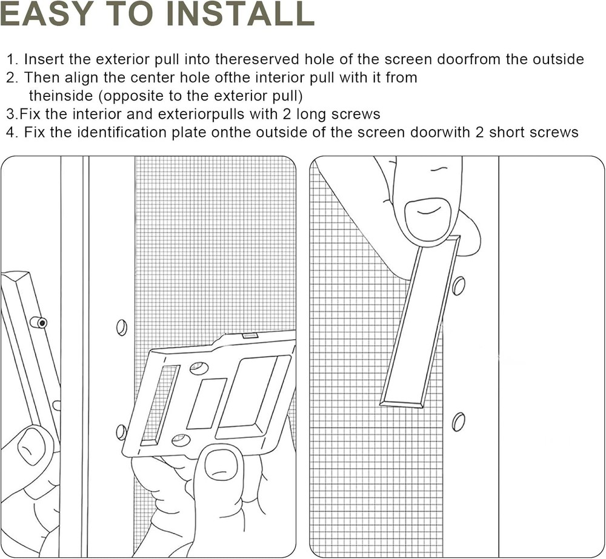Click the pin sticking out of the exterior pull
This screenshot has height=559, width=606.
[39, 322]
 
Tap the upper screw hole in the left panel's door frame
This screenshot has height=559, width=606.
[122, 327]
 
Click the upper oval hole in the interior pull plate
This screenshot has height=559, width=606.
[198, 368]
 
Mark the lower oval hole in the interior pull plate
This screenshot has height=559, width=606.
[181, 440]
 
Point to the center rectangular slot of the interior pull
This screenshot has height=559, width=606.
[206, 403]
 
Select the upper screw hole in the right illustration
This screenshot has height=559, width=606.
[459, 285]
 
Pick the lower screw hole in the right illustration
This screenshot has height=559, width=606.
[459, 421]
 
